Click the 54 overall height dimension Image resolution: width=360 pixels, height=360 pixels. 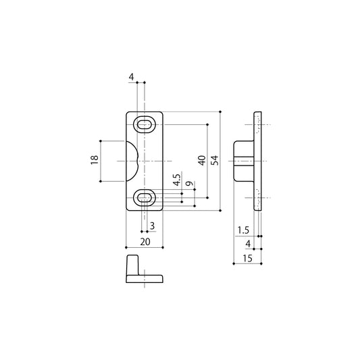[215, 160]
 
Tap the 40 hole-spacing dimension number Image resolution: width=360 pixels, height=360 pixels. [202, 160]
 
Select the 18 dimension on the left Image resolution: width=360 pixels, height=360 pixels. [95, 160]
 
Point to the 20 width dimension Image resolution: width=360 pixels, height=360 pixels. [145, 242]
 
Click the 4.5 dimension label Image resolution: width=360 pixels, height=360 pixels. [177, 180]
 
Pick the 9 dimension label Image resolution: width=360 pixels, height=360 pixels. [189, 184]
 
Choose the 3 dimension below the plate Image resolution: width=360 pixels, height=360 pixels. [152, 226]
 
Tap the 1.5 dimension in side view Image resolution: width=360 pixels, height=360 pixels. [243, 230]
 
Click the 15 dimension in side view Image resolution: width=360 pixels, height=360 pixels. [247, 259]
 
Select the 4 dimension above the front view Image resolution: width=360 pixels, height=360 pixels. [131, 77]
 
